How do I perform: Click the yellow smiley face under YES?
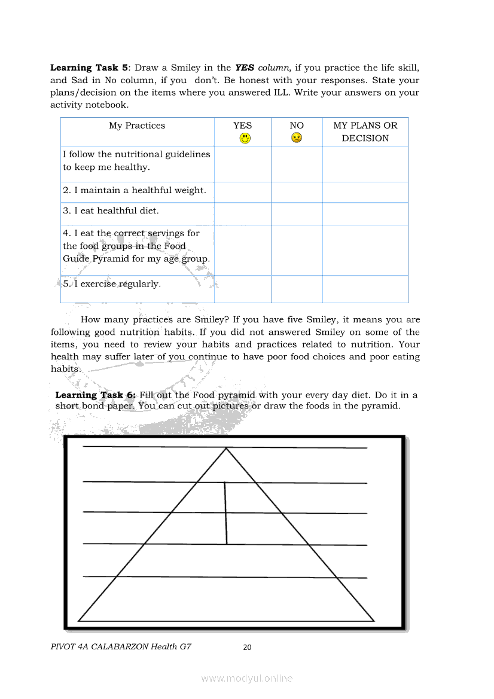coord(245,138)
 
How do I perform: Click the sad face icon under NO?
coord(297,138)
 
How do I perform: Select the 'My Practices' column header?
coord(137,126)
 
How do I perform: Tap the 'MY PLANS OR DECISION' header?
coord(365,132)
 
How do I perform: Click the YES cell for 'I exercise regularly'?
coord(243,289)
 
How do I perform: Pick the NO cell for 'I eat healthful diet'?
coord(297,213)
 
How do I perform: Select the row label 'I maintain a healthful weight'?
coord(135,191)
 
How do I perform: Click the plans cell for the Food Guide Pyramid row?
coord(365,250)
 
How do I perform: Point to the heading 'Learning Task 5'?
coord(88,68)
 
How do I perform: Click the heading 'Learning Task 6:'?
coord(96,395)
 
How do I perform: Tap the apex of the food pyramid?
coord(226,448)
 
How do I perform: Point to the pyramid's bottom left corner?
coord(79,621)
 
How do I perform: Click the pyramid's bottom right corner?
coord(374,621)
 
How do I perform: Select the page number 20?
coord(248,647)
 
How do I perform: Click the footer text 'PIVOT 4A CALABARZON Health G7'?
coord(121,646)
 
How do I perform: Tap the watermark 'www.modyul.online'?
coord(246,678)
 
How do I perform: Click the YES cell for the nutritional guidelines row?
coord(243,164)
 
